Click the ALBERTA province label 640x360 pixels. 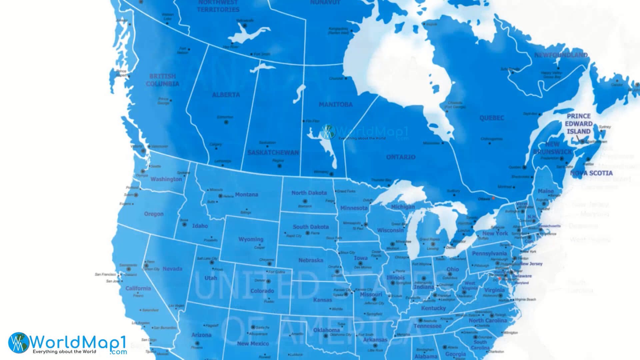tap(226, 95)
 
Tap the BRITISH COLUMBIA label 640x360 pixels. tap(162, 80)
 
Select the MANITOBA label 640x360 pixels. tap(335, 105)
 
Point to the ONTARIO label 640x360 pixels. tap(401, 157)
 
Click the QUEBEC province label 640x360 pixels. tap(492, 118)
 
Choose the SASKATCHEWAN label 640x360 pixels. tap(273, 153)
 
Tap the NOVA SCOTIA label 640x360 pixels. tap(591, 173)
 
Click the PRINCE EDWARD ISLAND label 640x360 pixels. tap(579, 124)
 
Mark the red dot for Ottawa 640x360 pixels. tap(494, 198)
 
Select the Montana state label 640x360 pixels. tap(246, 195)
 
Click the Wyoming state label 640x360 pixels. tap(251, 239)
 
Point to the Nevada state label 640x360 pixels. tap(172, 269)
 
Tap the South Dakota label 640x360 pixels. tap(311, 227)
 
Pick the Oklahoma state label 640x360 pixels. tap(326, 330)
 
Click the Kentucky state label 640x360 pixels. tap(433, 308)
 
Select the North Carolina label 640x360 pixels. tap(488, 321)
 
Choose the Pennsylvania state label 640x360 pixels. tap(489, 254)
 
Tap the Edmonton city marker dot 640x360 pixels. tap(226, 122)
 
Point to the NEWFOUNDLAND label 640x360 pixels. tap(561, 55)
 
